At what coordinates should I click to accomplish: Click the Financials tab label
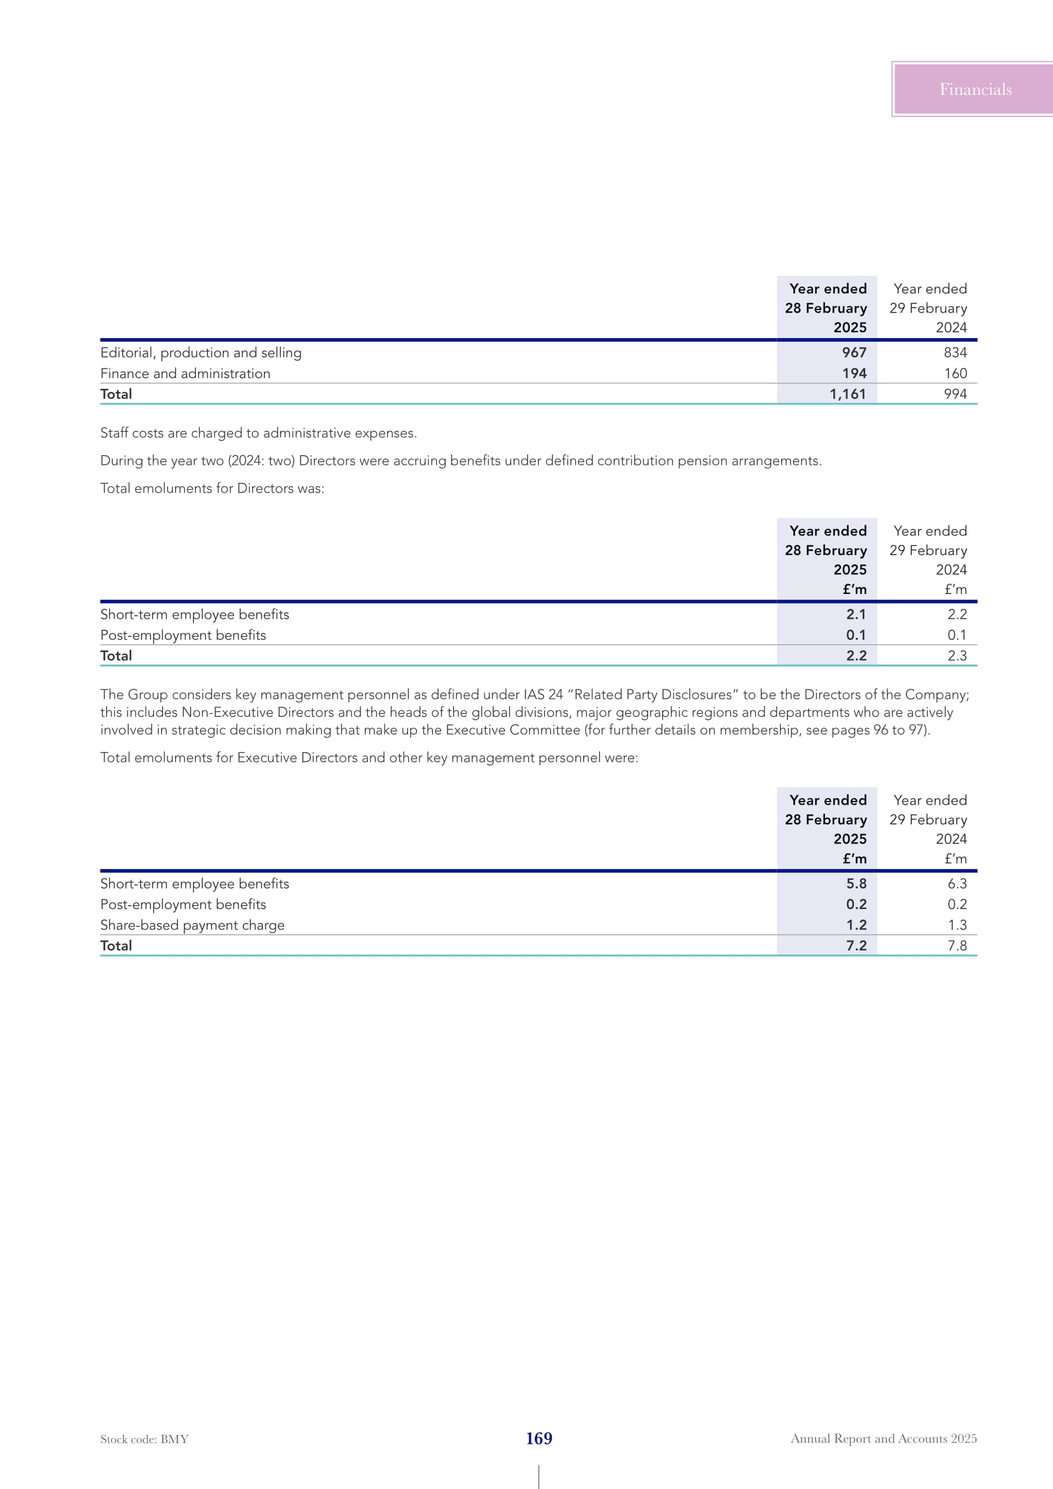point(975,90)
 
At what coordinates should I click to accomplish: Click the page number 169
point(539,1438)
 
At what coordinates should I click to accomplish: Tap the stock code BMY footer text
point(144,1439)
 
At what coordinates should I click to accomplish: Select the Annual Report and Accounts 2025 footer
point(883,1439)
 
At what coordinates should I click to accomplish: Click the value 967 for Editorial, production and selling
point(854,353)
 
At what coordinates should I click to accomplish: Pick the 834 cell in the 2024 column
point(955,353)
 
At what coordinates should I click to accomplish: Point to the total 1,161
point(847,394)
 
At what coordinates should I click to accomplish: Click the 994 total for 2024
point(955,394)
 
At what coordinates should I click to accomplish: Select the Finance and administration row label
point(185,374)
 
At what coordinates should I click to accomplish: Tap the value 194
point(854,374)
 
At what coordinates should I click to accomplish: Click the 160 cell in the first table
point(955,374)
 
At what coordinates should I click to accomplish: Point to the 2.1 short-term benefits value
point(856,614)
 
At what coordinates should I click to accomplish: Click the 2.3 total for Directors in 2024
point(957,656)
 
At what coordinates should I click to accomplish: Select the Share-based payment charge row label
point(192,926)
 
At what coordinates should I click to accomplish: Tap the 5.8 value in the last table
point(856,884)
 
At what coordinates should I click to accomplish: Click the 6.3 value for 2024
point(957,884)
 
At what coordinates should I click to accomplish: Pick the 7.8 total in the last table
point(957,946)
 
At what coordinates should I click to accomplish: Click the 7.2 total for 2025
point(856,946)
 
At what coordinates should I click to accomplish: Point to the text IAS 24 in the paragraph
point(542,695)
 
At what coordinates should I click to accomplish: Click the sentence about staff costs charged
point(258,434)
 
